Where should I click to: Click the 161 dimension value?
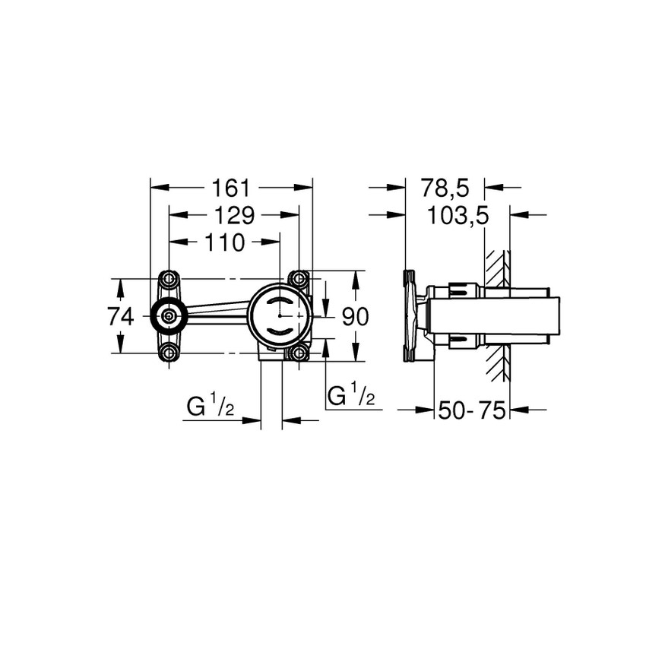pyautogui.click(x=232, y=187)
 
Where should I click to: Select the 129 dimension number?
pyautogui.click(x=232, y=215)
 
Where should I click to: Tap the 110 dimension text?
pyautogui.click(x=224, y=243)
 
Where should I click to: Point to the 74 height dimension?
pyautogui.click(x=121, y=315)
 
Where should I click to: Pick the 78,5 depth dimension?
pyautogui.click(x=445, y=187)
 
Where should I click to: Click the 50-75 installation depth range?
pyautogui.click(x=471, y=410)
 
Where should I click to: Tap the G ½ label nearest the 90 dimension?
pyautogui.click(x=350, y=396)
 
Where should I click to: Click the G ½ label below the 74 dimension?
pyautogui.click(x=211, y=408)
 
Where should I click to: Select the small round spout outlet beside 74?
pyautogui.click(x=168, y=315)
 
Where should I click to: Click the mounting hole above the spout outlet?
pyautogui.click(x=169, y=279)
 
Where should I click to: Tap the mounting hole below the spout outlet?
pyautogui.click(x=169, y=352)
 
